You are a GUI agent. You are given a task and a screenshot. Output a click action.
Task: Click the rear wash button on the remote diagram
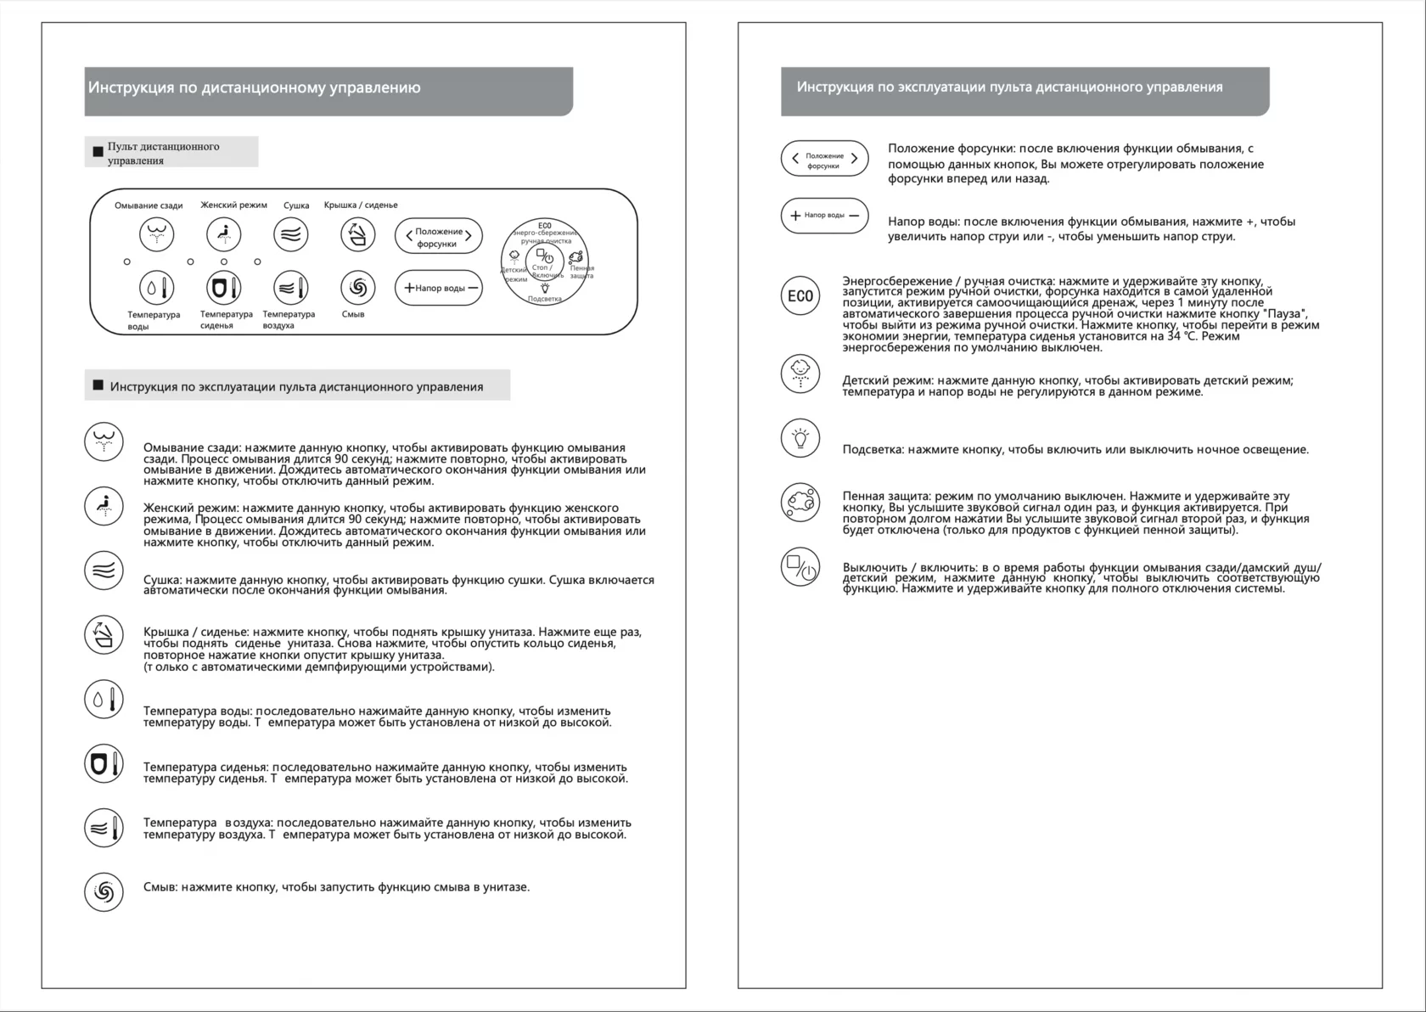click(x=156, y=234)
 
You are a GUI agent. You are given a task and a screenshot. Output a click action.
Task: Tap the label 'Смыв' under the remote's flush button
click(x=353, y=314)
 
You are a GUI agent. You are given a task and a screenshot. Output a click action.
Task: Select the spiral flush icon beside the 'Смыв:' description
click(x=104, y=891)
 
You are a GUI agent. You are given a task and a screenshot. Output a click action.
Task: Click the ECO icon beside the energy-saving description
click(x=800, y=296)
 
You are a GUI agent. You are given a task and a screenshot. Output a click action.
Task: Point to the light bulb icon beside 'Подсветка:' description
click(x=800, y=438)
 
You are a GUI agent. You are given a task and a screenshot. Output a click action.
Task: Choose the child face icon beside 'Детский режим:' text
click(x=800, y=373)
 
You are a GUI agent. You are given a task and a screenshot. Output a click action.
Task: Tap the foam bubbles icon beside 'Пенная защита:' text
click(x=800, y=502)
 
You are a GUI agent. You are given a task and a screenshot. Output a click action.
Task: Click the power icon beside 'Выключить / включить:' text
click(x=800, y=567)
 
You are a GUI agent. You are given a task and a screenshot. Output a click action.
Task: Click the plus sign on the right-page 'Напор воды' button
click(x=795, y=216)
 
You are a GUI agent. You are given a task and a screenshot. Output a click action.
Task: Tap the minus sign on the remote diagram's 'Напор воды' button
click(x=473, y=288)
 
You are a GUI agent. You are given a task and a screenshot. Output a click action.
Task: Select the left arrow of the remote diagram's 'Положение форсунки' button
click(x=409, y=236)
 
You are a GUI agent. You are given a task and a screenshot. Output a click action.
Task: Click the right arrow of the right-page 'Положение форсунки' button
click(x=854, y=159)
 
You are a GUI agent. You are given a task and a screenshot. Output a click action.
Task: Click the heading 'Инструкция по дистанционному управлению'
click(x=254, y=87)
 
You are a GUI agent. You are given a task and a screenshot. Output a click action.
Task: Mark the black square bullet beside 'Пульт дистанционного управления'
click(x=98, y=152)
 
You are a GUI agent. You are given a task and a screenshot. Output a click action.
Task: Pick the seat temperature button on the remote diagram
click(x=223, y=288)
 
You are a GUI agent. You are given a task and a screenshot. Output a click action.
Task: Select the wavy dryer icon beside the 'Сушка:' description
click(x=104, y=571)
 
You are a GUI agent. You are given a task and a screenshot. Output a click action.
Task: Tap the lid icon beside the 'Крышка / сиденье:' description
click(x=104, y=634)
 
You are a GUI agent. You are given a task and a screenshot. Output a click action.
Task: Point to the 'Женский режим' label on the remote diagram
click(x=233, y=205)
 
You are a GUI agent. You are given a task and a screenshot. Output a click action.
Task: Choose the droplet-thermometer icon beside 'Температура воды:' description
click(x=104, y=699)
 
